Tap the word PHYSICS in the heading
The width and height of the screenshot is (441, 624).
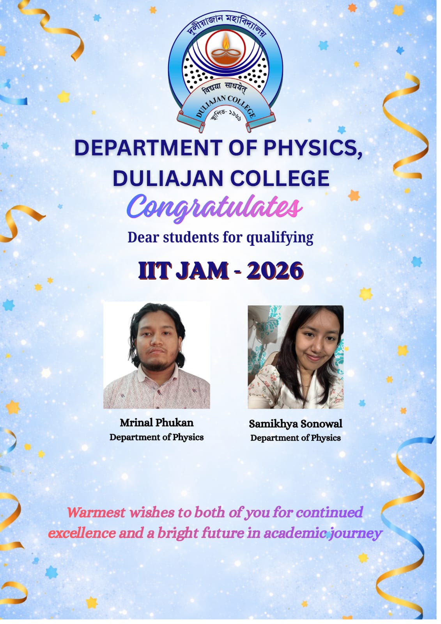point(313,148)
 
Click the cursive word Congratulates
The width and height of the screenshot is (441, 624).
point(214,207)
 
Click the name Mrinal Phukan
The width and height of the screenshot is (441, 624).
point(157,423)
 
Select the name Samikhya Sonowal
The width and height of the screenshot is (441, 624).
point(296,424)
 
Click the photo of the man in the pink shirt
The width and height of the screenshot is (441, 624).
point(157,355)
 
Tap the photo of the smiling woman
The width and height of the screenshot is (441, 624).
point(296,357)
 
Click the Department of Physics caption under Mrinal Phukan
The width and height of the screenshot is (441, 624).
point(157,437)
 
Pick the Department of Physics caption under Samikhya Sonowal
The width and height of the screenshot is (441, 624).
point(296,438)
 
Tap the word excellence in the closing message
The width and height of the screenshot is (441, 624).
point(82,533)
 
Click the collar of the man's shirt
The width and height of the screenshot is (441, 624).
point(158,375)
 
